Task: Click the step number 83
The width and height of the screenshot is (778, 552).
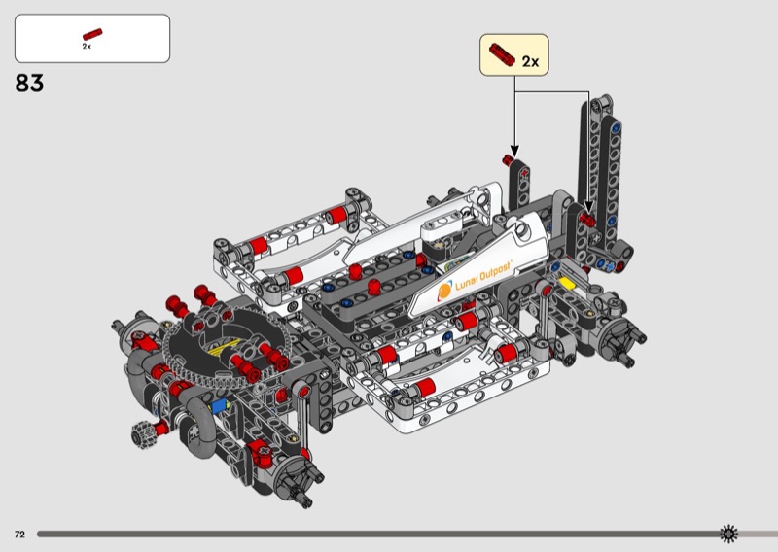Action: tap(29, 83)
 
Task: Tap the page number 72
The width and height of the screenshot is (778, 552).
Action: tap(19, 535)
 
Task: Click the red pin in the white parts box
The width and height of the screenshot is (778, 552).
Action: tap(92, 34)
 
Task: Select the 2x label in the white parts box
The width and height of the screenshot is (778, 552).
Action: tap(87, 46)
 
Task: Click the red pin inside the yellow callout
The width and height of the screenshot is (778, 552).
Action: tap(503, 53)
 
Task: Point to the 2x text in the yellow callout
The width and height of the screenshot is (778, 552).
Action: tap(530, 61)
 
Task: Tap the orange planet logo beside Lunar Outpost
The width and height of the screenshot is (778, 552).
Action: tap(444, 292)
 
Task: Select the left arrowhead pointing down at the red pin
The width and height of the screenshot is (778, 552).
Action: tap(514, 152)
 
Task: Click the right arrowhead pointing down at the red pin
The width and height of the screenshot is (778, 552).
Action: tap(589, 207)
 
